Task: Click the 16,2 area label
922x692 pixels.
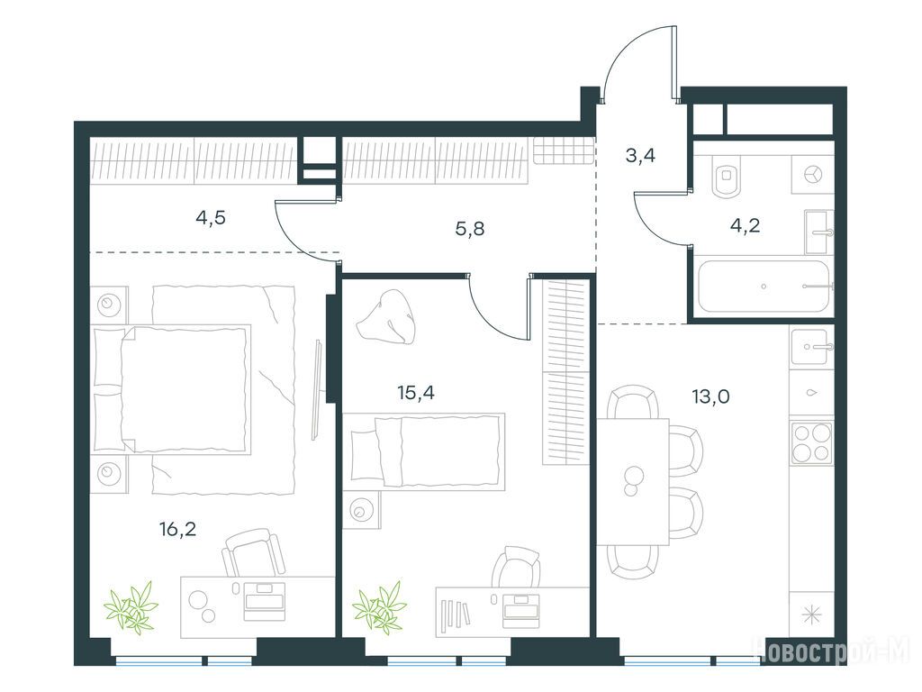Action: tap(177, 530)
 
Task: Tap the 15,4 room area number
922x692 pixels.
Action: tap(416, 392)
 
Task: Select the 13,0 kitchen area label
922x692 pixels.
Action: tap(711, 396)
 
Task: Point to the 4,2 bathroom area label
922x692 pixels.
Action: tap(745, 224)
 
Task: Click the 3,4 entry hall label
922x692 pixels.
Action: tap(640, 155)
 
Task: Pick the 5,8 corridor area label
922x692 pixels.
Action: tap(470, 228)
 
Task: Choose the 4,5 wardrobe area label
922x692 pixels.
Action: tap(211, 218)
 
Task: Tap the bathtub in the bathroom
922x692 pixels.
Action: tap(764, 286)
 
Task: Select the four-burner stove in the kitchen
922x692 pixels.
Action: tap(811, 442)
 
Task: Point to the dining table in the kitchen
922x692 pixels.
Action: tap(633, 481)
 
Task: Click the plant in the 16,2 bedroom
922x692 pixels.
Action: tap(131, 608)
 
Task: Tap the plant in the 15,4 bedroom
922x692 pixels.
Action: tap(380, 608)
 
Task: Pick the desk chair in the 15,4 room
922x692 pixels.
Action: tap(516, 568)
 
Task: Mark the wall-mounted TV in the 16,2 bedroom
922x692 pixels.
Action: tap(317, 389)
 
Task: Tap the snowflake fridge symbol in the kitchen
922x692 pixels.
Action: tap(811, 615)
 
